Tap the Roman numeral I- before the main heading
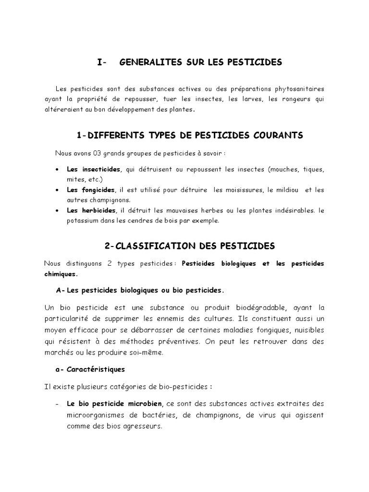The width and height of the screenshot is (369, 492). [101, 62]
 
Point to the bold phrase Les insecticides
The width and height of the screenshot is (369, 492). [94, 170]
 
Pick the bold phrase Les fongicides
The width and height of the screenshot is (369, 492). [91, 190]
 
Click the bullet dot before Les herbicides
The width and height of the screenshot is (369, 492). [58, 211]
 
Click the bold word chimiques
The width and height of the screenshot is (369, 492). [60, 274]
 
